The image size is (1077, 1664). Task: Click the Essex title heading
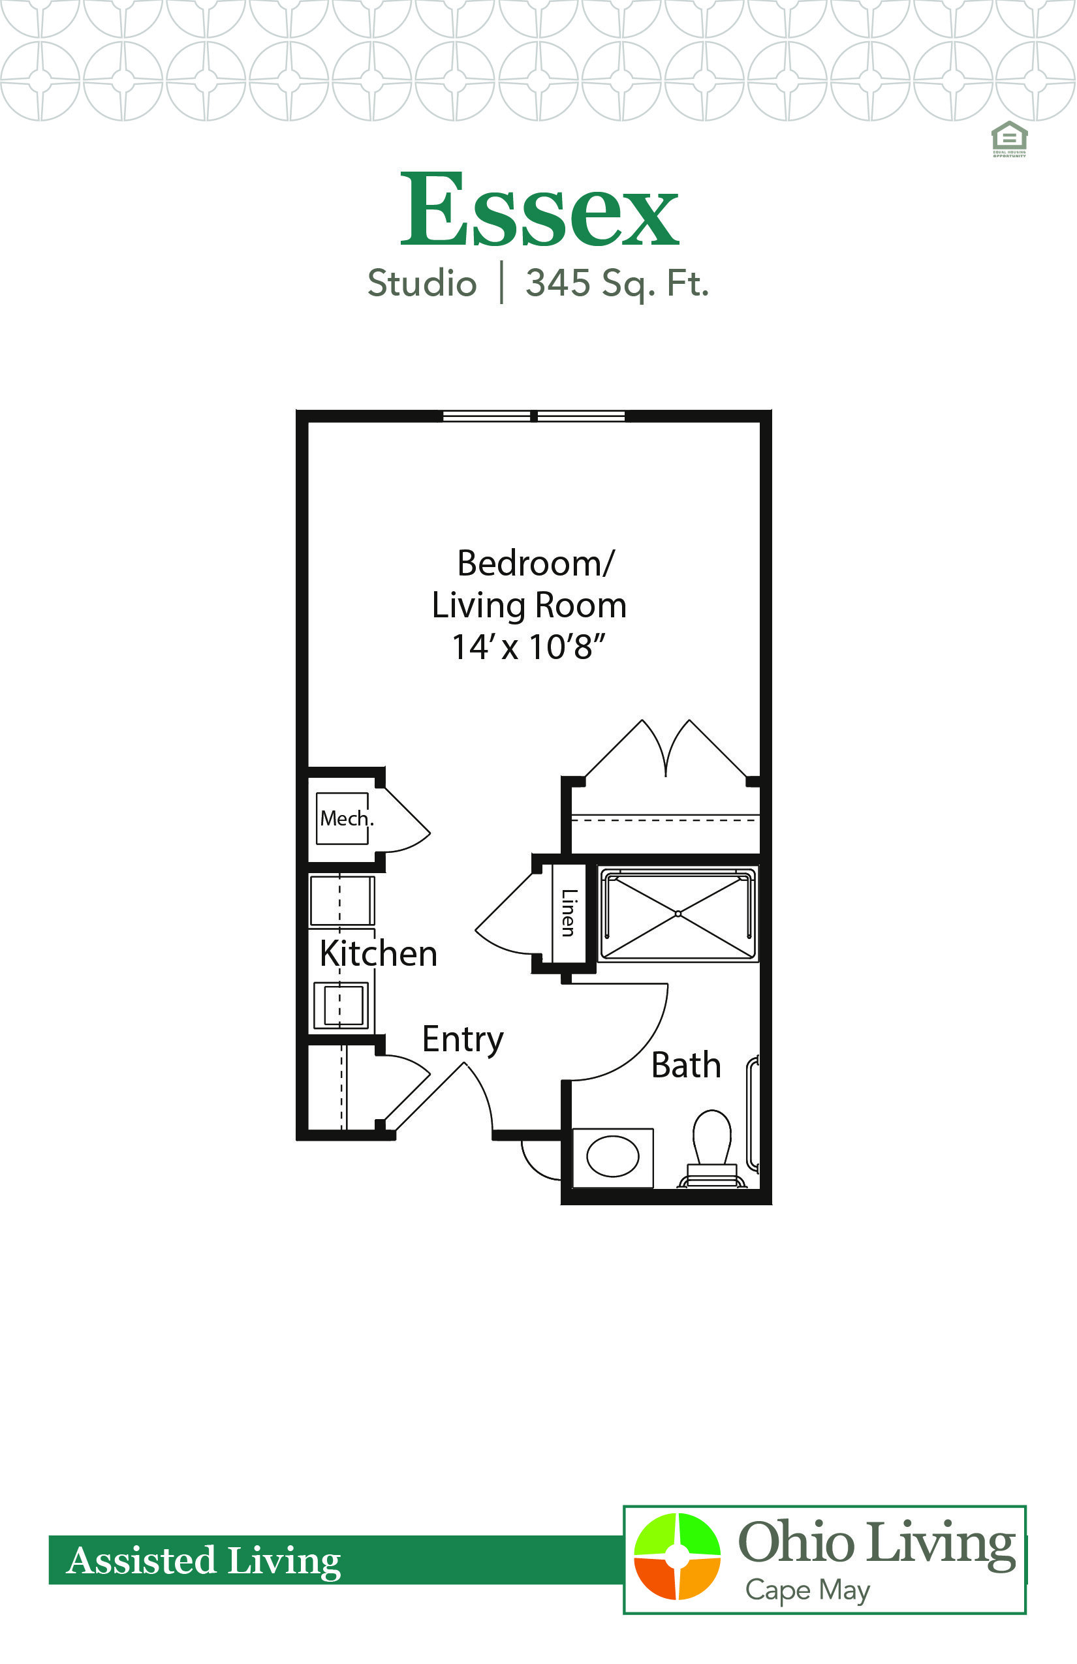coord(538,209)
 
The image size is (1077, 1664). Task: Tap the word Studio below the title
coord(422,283)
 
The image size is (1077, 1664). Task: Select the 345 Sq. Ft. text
coord(617,283)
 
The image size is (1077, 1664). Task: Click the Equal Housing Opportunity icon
coord(1009,138)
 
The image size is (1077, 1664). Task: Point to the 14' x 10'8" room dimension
coord(528,647)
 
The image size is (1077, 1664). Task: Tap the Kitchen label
coord(379,953)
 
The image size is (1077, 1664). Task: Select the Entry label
coord(462,1039)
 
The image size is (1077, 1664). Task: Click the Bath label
coord(685,1066)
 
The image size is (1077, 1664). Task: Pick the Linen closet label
coord(569,912)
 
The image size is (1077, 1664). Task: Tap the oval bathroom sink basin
coord(613,1156)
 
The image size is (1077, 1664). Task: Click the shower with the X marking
coord(678,914)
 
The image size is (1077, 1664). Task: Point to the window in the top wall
coord(534,417)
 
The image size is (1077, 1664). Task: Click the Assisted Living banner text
coord(204,1560)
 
